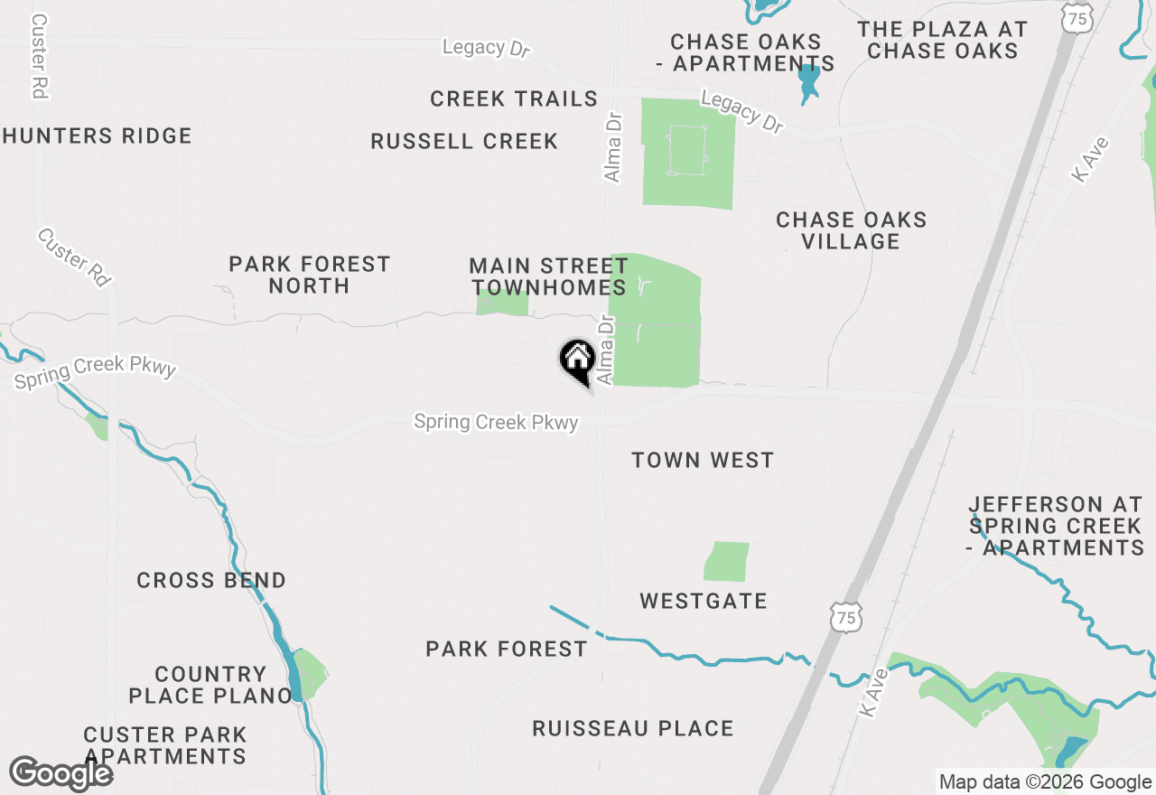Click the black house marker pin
pos(577,360)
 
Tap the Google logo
pos(61,774)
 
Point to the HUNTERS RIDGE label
pos(97,136)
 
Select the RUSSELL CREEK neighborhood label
pos(464,142)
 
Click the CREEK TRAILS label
pos(514,99)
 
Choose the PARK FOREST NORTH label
pos(309,275)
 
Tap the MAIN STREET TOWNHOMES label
pos(549,276)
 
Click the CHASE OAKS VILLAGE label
pos(852,230)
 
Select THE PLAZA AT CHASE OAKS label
pos(943,41)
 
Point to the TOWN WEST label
pos(703,460)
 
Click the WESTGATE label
pos(704,601)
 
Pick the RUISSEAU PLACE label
pos(632,728)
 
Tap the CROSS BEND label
pos(211,580)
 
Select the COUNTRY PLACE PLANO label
pos(210,685)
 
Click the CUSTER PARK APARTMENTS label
pos(165,745)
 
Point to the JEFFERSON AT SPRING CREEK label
pos(1056,526)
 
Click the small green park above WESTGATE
pos(727,561)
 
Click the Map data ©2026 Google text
pos(1045,782)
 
